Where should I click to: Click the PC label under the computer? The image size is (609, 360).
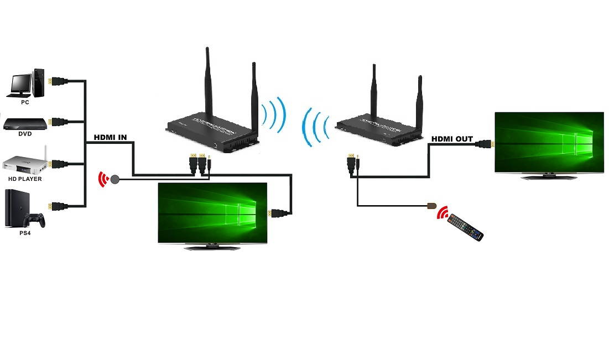25,102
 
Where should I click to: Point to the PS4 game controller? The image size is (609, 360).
37,220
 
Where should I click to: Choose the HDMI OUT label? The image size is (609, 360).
452,139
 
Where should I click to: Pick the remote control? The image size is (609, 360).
465,227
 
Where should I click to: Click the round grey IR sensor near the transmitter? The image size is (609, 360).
114,179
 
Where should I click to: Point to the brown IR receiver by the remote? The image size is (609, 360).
430,206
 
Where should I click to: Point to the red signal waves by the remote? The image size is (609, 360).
442,213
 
